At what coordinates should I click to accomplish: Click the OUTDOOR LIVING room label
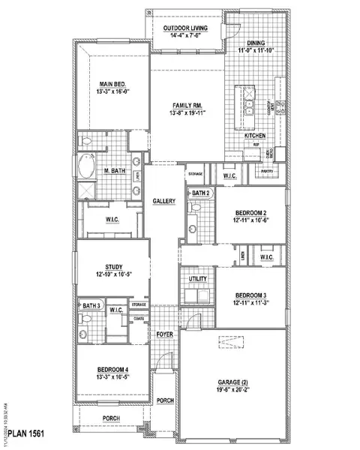coord(191,28)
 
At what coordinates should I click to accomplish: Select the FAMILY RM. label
coord(186,106)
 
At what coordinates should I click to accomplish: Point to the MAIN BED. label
coord(114,84)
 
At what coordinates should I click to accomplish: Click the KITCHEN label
coord(255,136)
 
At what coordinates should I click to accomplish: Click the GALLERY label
coord(163,201)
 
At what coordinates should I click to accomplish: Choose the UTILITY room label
coord(197,278)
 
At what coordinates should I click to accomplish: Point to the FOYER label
coord(164,334)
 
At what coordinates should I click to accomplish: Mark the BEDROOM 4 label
coord(113,370)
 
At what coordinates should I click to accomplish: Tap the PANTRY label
coord(266,172)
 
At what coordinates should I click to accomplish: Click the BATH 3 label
coord(91,306)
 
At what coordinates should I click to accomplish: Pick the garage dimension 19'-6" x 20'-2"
coord(231,391)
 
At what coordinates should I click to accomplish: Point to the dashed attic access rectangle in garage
coord(232,343)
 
